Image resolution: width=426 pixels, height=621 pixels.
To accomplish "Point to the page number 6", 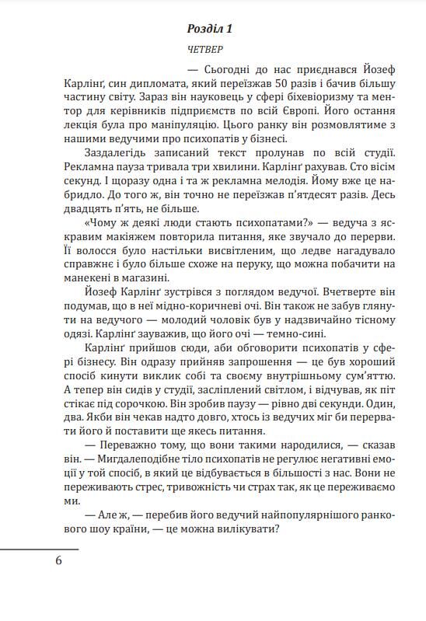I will click(58, 560).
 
